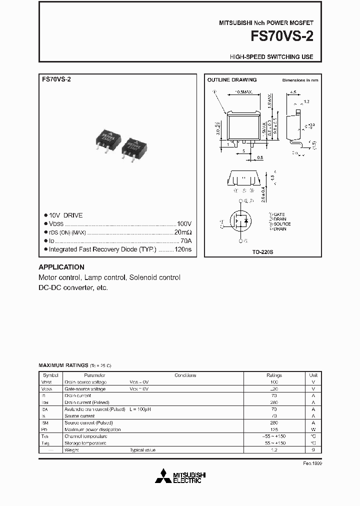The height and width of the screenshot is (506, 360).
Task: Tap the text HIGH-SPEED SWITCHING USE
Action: coord(271,57)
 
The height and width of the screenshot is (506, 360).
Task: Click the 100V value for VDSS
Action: coord(184,224)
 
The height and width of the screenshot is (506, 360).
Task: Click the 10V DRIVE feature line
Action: coord(65,215)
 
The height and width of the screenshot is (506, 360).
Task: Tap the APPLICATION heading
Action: coord(61,267)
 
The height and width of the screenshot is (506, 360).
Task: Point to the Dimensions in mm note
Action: coord(300,80)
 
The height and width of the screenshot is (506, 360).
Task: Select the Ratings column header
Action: coord(274,375)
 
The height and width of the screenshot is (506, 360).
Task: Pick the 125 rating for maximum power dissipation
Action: coord(274,429)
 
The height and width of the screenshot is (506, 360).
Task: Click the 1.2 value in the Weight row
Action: coord(274,450)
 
